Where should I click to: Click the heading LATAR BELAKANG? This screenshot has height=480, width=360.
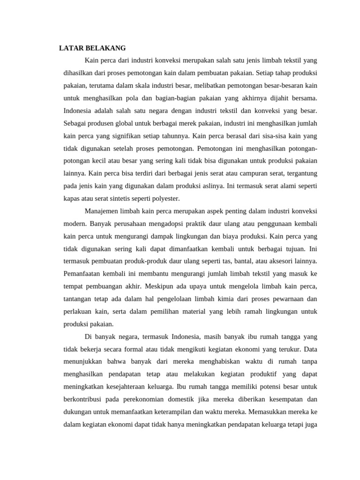point(92,48)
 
